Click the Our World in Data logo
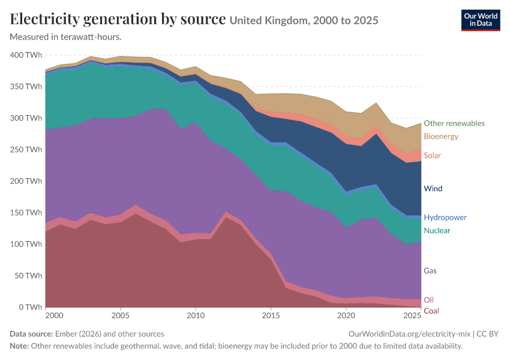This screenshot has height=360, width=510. click(x=481, y=20)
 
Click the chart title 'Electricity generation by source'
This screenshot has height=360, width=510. click(x=118, y=19)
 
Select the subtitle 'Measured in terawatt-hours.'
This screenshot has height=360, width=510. click(x=66, y=37)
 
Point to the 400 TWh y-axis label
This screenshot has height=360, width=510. click(x=26, y=55)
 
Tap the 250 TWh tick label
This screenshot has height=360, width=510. click(x=26, y=149)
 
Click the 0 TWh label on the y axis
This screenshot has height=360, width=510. click(x=31, y=307)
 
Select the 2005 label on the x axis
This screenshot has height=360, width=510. click(x=121, y=316)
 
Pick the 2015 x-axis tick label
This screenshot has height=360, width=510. click(x=271, y=316)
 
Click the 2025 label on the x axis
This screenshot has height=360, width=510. click(x=412, y=316)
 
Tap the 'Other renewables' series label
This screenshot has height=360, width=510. click(x=454, y=123)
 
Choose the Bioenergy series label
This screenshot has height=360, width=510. click(x=441, y=136)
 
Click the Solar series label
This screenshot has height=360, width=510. click(x=432, y=155)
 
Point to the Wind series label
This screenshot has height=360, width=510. click(x=433, y=188)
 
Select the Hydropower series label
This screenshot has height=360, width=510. click(x=445, y=218)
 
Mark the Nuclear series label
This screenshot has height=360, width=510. click(x=437, y=230)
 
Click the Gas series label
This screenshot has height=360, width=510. click(x=430, y=271)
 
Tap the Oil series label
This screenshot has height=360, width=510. click(x=428, y=299)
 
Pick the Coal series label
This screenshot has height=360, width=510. click(x=431, y=311)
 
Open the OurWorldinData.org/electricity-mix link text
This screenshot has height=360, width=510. click(x=409, y=334)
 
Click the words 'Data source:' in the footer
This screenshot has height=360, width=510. click(x=31, y=334)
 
